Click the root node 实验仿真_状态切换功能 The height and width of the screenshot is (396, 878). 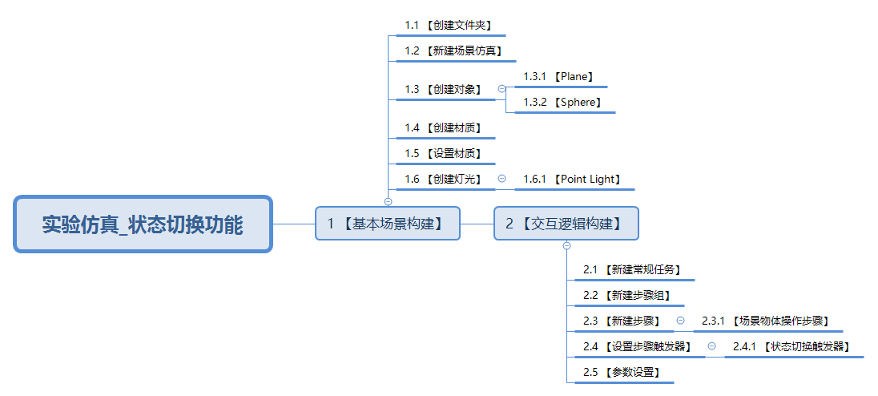pyautogui.click(x=143, y=224)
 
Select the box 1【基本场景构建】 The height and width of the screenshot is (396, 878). pyautogui.click(x=387, y=223)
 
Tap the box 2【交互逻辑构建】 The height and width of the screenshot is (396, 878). pyautogui.click(x=566, y=223)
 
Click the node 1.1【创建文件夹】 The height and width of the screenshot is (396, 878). pyautogui.click(x=448, y=26)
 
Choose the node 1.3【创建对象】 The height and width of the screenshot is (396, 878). pyautogui.click(x=443, y=89)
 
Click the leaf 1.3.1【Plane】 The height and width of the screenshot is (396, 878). pyautogui.click(x=558, y=77)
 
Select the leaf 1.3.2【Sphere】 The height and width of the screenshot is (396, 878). pyautogui.click(x=562, y=103)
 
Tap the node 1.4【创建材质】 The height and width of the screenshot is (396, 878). pyautogui.click(x=443, y=127)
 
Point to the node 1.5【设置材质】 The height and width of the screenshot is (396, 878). pyautogui.click(x=443, y=153)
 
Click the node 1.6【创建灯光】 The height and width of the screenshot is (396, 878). pyautogui.click(x=443, y=179)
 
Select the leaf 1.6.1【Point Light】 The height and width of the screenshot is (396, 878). pyautogui.click(x=572, y=180)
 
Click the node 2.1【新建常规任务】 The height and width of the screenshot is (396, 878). pyautogui.click(x=632, y=270)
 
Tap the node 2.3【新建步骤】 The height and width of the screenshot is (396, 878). pyautogui.click(x=622, y=321)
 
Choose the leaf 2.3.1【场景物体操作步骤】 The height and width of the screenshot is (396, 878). pyautogui.click(x=766, y=321)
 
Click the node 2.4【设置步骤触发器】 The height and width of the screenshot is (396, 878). pyautogui.click(x=638, y=347)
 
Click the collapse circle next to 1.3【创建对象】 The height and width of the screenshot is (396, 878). pyautogui.click(x=501, y=89)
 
